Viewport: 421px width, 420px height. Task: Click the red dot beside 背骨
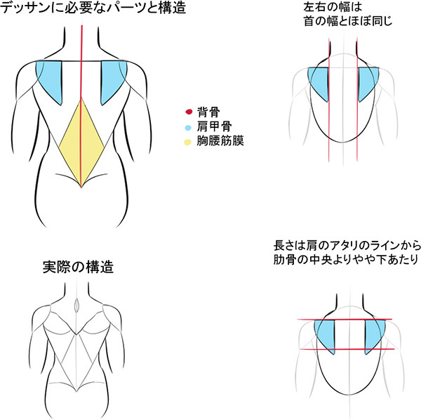(188, 112)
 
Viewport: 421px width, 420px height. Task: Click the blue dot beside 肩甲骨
(188, 126)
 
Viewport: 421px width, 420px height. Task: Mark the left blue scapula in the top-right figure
(320, 84)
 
